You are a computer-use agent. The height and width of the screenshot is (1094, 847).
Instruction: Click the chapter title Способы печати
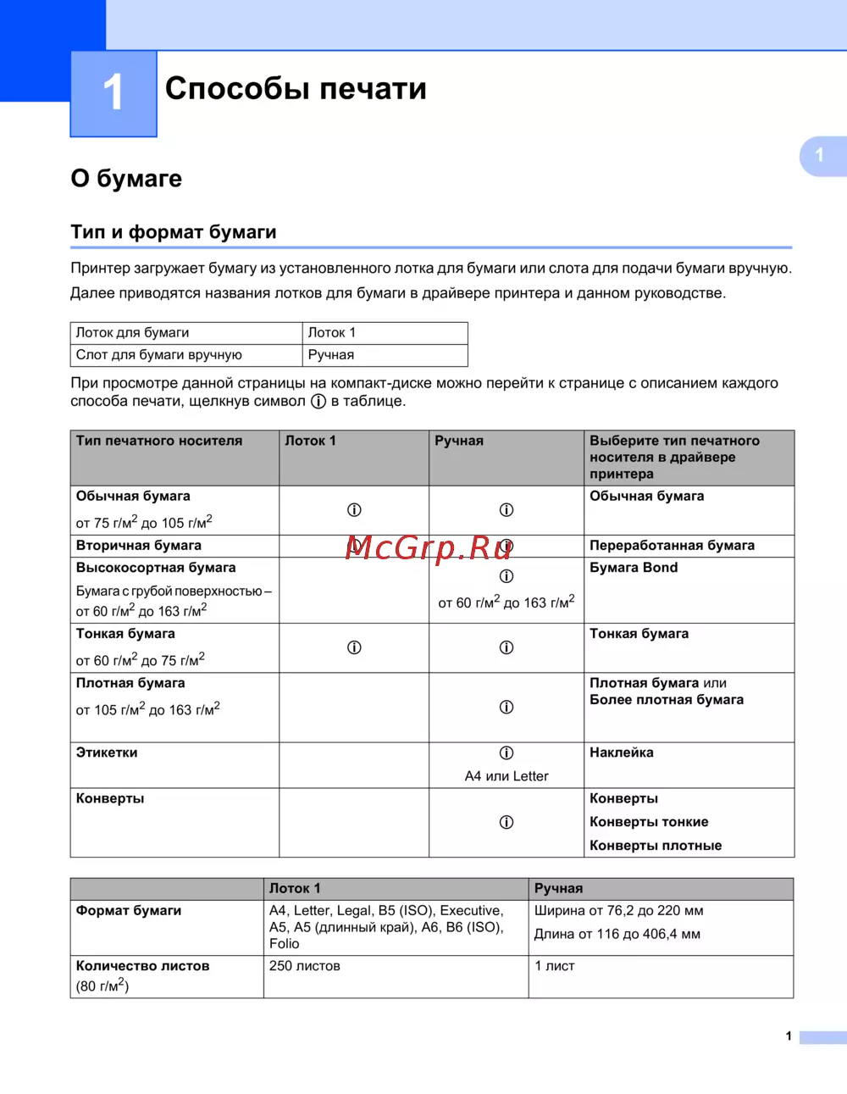point(296,89)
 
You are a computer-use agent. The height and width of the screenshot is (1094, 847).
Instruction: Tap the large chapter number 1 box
point(113,93)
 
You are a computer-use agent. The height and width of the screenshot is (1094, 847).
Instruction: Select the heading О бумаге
point(126,179)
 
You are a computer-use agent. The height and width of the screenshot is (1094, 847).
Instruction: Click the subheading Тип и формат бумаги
point(174,232)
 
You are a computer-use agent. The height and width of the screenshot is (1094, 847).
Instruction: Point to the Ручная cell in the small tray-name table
point(331,355)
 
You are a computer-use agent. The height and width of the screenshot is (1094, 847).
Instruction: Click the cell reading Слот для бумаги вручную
point(159,355)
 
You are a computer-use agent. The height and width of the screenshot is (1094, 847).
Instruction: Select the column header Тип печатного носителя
point(159,441)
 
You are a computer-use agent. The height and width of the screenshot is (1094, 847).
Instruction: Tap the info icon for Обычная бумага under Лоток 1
point(354,510)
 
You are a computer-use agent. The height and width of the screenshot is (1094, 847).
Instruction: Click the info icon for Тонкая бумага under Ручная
point(507,647)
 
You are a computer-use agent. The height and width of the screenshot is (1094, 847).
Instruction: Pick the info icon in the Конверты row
point(507,822)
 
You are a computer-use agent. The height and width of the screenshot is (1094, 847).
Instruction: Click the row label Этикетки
point(107,752)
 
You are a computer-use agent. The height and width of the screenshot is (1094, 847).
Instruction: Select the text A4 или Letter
point(507,776)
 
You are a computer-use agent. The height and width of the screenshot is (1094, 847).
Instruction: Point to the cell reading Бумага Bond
point(634,568)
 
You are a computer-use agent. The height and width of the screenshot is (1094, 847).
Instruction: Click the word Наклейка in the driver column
point(622,752)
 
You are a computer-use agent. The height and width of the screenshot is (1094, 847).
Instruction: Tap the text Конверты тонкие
point(649,822)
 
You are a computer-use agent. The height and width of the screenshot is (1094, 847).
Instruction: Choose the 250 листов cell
point(305,966)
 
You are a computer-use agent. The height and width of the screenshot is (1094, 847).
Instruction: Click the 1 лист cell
point(555,966)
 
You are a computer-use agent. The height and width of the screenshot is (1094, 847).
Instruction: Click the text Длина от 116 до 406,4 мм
point(617,935)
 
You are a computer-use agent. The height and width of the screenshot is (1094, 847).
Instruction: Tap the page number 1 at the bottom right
point(789,1036)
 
